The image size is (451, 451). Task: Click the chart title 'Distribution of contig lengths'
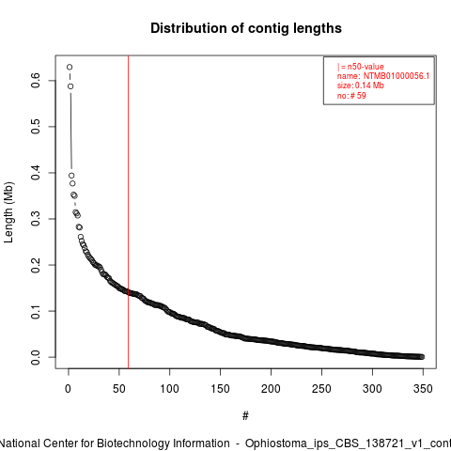[x=246, y=28]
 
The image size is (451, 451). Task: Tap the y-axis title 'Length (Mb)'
[x=8, y=212]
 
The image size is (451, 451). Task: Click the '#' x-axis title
[x=245, y=416]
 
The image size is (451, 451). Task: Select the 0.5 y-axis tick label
[x=36, y=127]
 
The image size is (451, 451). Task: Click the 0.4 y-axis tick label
[x=36, y=173]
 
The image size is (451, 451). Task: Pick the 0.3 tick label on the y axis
[x=36, y=219]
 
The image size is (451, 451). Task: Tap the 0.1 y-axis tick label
[x=36, y=311]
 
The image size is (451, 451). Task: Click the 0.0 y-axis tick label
[x=36, y=357]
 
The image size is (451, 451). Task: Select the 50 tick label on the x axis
[x=119, y=389]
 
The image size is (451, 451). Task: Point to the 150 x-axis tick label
[x=220, y=389]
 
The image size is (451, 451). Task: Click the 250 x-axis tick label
[x=321, y=389]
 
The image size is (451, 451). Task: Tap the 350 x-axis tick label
[x=423, y=389]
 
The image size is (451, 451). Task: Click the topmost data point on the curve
[x=70, y=67]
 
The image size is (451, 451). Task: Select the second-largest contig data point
[x=70, y=86]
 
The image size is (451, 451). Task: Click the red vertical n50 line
[x=128, y=211]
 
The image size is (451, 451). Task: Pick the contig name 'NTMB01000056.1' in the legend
[x=397, y=76]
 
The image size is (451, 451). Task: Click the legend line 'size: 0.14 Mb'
[x=360, y=86]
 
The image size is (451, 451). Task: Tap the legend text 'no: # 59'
[x=351, y=96]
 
